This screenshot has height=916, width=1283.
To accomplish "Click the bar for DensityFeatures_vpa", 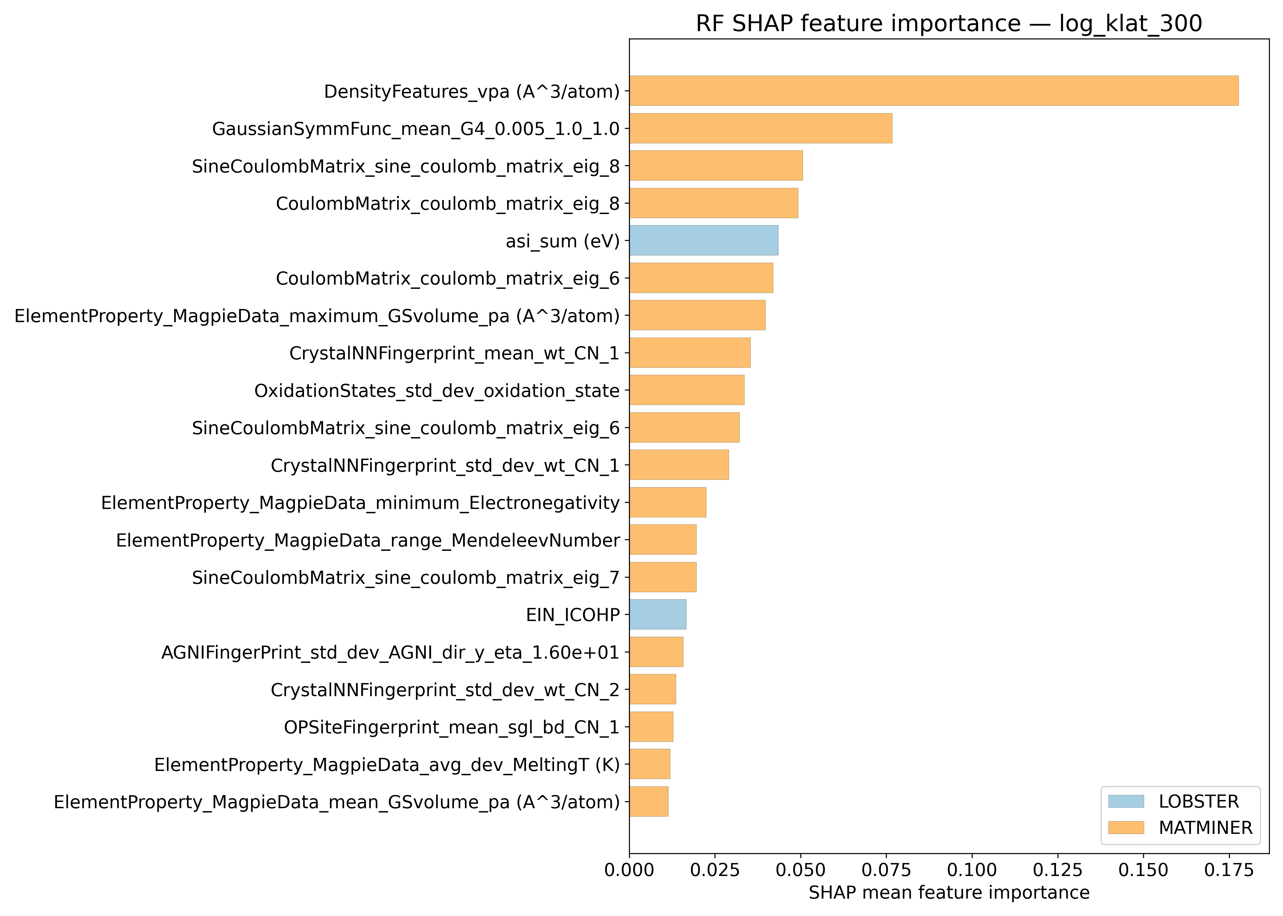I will [934, 91].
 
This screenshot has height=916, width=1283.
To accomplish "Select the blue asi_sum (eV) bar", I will [704, 240].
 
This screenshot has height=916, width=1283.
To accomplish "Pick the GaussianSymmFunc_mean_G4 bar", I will [761, 128].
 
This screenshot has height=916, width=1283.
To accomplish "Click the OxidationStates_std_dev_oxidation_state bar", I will [687, 390].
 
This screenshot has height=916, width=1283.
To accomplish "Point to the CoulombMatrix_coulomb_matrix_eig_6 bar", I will [701, 278].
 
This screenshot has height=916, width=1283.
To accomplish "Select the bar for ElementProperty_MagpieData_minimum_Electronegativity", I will [667, 502].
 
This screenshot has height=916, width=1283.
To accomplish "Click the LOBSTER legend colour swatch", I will [1126, 801].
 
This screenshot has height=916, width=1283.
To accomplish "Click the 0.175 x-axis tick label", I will [1229, 870].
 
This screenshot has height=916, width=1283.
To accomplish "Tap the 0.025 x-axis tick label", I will [714, 870].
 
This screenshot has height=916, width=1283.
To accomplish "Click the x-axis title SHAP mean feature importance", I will [949, 893].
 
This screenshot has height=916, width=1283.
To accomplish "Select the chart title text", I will [949, 24].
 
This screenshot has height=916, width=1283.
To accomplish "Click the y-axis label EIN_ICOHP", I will [573, 615].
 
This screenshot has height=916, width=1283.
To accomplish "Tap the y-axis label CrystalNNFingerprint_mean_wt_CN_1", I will [454, 353].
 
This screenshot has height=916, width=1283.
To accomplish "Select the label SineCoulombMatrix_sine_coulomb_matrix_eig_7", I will [406, 578].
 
